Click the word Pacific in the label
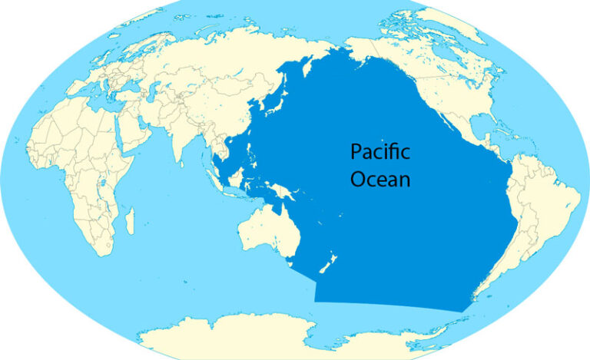(380, 152)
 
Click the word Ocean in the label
(380, 180)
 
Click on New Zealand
(329, 267)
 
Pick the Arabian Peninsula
(134, 135)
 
